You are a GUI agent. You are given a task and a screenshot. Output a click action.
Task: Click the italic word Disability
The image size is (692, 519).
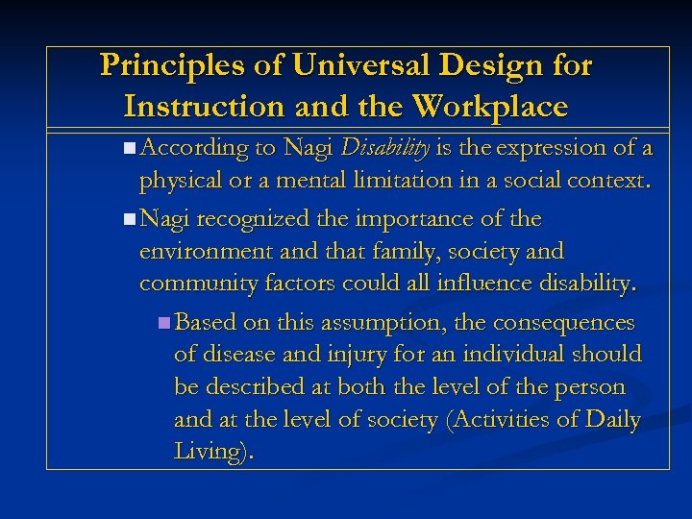point(385,147)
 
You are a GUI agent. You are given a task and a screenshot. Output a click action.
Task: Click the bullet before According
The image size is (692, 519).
point(130,148)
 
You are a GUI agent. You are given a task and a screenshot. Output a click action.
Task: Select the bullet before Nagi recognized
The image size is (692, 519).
point(130,219)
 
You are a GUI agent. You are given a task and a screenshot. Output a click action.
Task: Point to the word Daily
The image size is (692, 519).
point(611,420)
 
